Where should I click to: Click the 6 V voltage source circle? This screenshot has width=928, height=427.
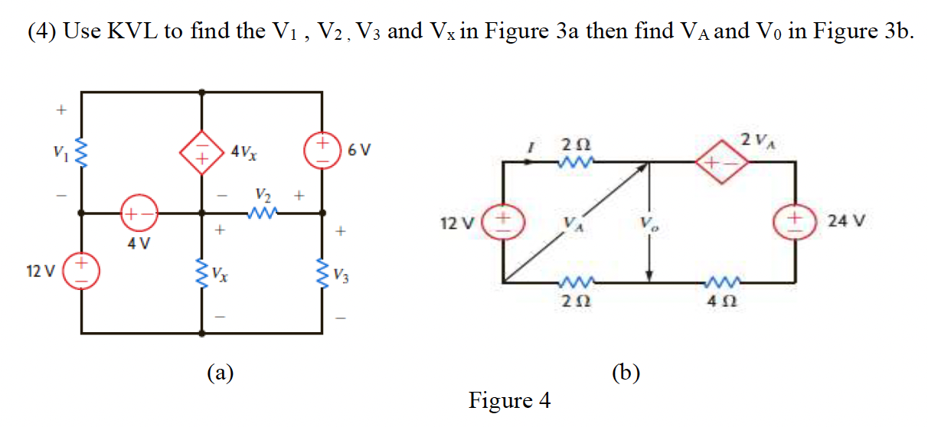(x=322, y=148)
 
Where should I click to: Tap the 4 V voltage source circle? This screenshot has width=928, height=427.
(x=141, y=214)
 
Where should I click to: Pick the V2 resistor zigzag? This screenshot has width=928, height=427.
(x=263, y=214)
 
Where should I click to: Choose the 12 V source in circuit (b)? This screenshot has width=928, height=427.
(x=502, y=222)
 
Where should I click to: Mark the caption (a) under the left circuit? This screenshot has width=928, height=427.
(x=221, y=373)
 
